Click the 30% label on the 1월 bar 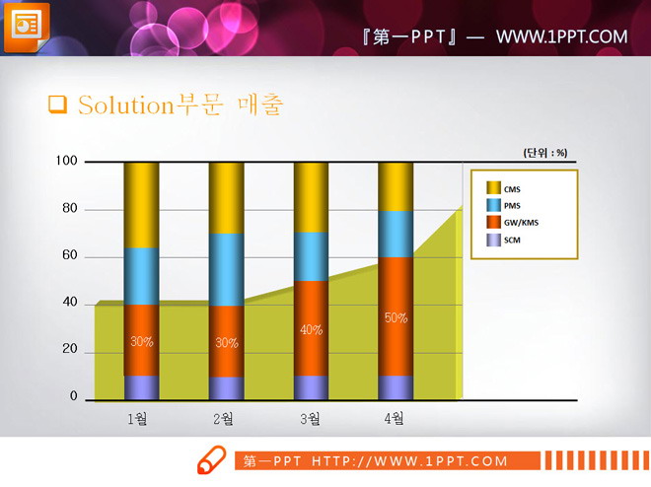pyautogui.click(x=141, y=342)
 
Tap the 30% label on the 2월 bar pyautogui.click(x=226, y=343)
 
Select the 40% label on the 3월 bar pyautogui.click(x=311, y=330)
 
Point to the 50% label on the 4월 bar pyautogui.click(x=396, y=318)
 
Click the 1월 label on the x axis pyautogui.click(x=138, y=419)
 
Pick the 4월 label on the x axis pyautogui.click(x=394, y=419)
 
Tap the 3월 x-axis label pyautogui.click(x=309, y=419)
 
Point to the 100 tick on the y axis pyautogui.click(x=67, y=161)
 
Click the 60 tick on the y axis pyautogui.click(x=70, y=256)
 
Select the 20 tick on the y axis pyautogui.click(x=70, y=350)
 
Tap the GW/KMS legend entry pyautogui.click(x=520, y=222)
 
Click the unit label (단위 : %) pyautogui.click(x=545, y=153)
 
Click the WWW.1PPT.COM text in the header pyautogui.click(x=561, y=36)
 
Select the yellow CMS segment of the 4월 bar pyautogui.click(x=396, y=186)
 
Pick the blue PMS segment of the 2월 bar pyautogui.click(x=226, y=269)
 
